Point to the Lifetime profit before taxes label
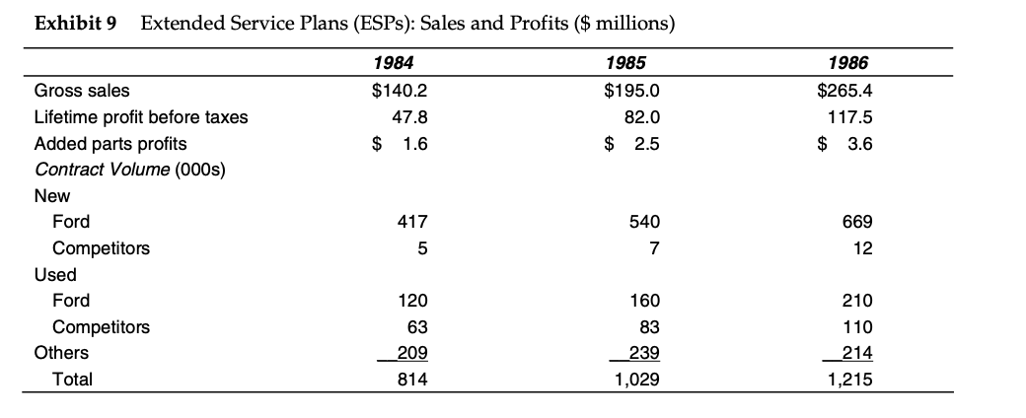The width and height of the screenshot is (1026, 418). (x=141, y=117)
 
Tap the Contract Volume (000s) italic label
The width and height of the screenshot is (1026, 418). (x=129, y=171)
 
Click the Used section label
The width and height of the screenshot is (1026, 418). (x=55, y=274)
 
